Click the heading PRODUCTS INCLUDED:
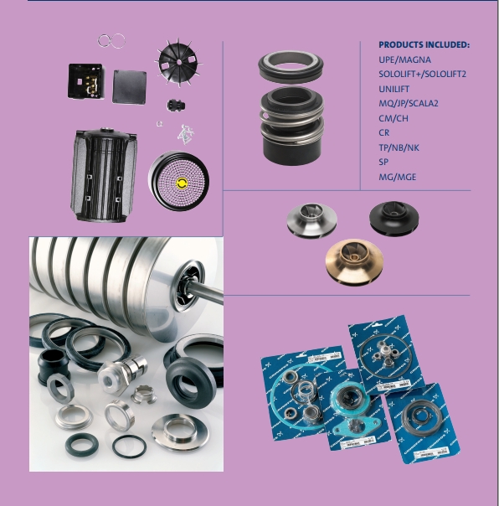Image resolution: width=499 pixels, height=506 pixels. click(424, 45)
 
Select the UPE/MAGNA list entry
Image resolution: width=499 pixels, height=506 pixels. click(405, 59)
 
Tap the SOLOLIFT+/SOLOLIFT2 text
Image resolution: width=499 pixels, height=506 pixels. click(422, 75)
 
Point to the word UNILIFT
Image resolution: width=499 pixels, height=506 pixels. click(394, 89)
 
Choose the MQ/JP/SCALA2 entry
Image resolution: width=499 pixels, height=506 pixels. click(409, 104)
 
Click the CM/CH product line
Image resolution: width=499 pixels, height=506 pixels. click(394, 118)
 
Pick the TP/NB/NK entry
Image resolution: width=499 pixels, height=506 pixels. click(399, 147)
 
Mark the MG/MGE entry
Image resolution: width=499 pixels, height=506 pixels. click(398, 177)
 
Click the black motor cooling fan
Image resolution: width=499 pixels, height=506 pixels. click(178, 62)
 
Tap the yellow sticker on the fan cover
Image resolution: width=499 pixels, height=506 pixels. click(182, 183)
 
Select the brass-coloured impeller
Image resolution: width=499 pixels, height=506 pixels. click(354, 261)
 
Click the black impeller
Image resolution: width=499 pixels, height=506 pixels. click(394, 218)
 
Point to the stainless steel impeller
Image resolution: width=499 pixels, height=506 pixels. click(312, 220)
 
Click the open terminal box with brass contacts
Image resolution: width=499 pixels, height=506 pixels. click(85, 81)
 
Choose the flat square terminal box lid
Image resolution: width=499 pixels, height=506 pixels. click(129, 86)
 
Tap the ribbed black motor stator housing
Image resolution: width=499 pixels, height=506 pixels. click(104, 174)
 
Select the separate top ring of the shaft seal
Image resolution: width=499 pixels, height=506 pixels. click(291, 66)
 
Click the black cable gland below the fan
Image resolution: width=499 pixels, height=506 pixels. click(176, 106)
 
